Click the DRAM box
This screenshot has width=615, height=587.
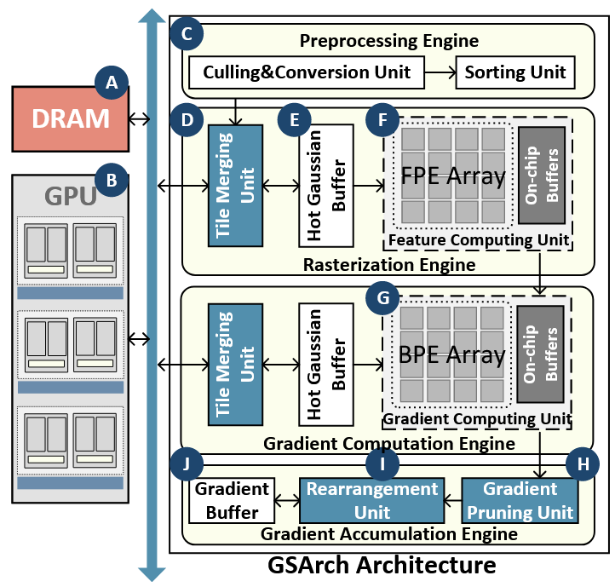pos(70,118)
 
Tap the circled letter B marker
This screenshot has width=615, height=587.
pos(111,179)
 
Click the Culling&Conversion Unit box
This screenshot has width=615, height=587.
pos(307,72)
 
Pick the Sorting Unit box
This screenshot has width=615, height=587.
pos(515,72)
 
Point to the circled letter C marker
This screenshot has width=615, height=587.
pos(187,35)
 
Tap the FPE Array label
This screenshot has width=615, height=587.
pos(452,177)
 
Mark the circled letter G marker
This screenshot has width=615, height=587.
pos(382,298)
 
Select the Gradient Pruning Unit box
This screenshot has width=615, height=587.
pos(520,501)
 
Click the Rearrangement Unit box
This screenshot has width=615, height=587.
pos(372,501)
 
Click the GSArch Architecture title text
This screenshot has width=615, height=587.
pos(382,565)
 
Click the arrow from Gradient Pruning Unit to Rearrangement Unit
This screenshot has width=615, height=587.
pos(452,501)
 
